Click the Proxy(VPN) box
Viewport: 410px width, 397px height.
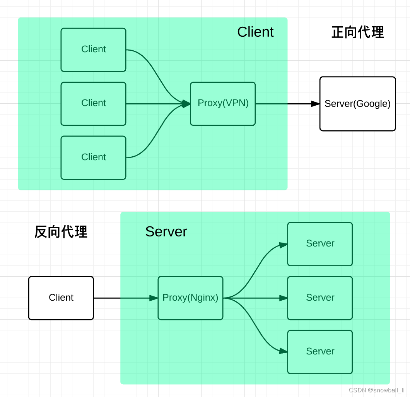223,104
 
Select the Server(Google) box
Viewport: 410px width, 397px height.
357,104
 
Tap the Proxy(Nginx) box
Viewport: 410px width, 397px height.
190,298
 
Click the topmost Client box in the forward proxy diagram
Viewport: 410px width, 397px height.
93,50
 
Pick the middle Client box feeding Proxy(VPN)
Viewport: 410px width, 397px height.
93,103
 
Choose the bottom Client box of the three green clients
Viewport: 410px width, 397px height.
93,157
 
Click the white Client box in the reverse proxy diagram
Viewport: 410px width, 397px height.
61,298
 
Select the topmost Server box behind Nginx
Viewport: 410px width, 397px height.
320,244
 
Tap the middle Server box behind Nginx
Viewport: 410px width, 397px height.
320,298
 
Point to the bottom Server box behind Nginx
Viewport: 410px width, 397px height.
320,352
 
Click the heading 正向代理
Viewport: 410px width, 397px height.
357,33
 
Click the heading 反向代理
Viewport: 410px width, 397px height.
61,232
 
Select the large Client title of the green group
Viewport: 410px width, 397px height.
255,32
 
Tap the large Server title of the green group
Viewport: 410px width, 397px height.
166,232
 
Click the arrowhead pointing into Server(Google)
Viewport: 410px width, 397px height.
316,104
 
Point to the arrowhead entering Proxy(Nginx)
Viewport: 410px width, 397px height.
154,298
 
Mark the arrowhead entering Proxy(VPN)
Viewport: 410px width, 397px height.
186,104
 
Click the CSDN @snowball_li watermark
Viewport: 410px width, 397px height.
377,390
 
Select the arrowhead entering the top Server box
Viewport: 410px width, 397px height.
284,245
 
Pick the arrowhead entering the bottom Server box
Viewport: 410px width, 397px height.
284,351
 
